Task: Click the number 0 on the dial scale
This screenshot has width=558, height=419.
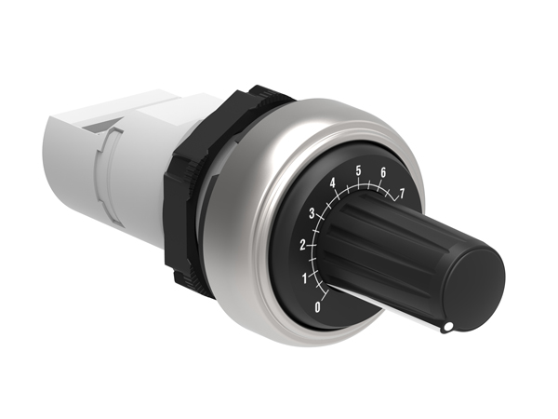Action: coord(319,306)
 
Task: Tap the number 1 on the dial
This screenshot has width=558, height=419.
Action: coord(304,277)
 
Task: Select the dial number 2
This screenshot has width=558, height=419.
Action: coord(302,245)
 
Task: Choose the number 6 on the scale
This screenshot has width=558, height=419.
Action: coord(383,172)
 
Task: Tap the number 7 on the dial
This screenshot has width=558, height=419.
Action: coord(402,194)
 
